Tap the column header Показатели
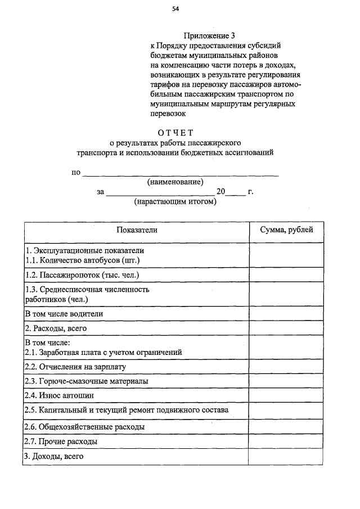pos(137,229)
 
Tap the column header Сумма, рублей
pos(286,229)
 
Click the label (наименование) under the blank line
pos(175,182)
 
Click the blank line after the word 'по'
pos(180,174)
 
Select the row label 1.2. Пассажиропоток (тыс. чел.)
pos(82,275)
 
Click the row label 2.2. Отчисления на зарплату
pos(75,366)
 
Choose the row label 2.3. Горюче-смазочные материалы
pos(87,381)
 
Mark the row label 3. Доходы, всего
pos(54,456)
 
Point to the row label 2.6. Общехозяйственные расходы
pos(84,427)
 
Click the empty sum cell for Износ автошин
pos(286,396)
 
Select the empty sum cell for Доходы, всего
pos(286,457)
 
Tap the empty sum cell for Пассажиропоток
pos(286,275)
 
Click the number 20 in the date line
pos(220,192)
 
